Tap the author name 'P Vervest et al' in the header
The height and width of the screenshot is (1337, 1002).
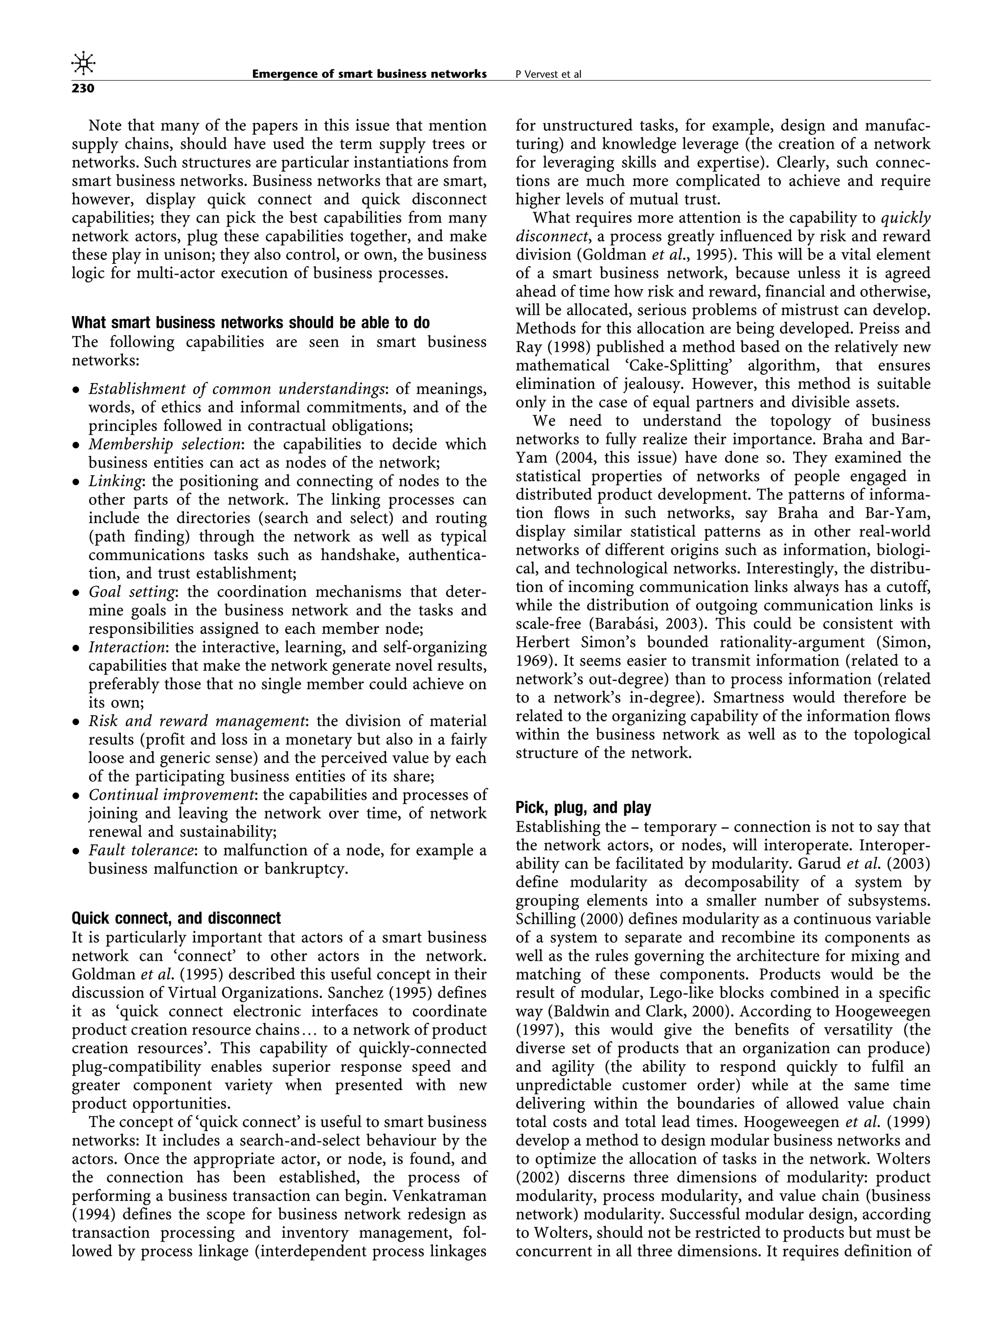click(x=548, y=75)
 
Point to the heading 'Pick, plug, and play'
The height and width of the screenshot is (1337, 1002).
click(x=583, y=808)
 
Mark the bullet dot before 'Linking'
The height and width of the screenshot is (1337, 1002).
click(x=76, y=482)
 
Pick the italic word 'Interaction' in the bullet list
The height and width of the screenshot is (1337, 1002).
click(x=126, y=647)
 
